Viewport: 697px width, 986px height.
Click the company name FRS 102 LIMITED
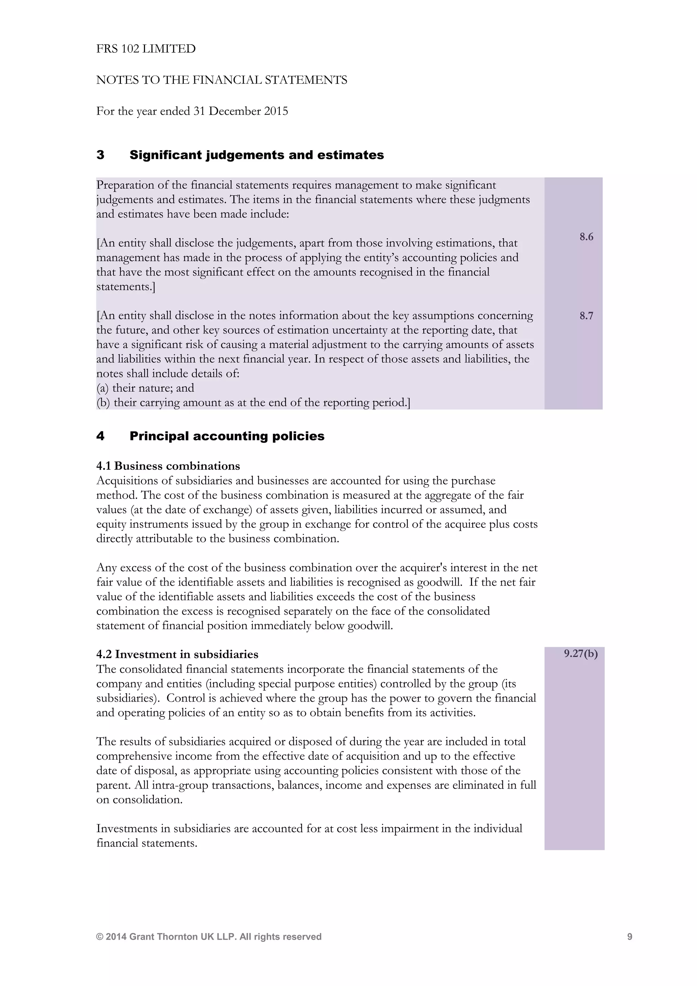point(146,49)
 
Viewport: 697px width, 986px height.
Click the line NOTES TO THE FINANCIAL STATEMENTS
point(222,80)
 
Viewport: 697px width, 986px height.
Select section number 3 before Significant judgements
point(100,155)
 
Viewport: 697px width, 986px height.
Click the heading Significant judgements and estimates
point(257,155)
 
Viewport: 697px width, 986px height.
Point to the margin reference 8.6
point(586,237)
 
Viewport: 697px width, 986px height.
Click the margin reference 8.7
point(586,316)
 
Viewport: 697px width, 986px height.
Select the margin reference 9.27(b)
point(581,654)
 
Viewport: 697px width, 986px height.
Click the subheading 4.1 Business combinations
point(168,466)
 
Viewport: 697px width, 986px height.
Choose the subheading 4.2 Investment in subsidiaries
point(177,654)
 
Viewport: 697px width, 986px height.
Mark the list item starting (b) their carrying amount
point(253,402)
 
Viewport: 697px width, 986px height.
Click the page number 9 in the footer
point(630,937)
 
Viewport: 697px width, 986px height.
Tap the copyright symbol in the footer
point(100,937)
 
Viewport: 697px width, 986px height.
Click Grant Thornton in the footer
point(163,937)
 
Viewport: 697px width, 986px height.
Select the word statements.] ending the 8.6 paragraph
point(125,286)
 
